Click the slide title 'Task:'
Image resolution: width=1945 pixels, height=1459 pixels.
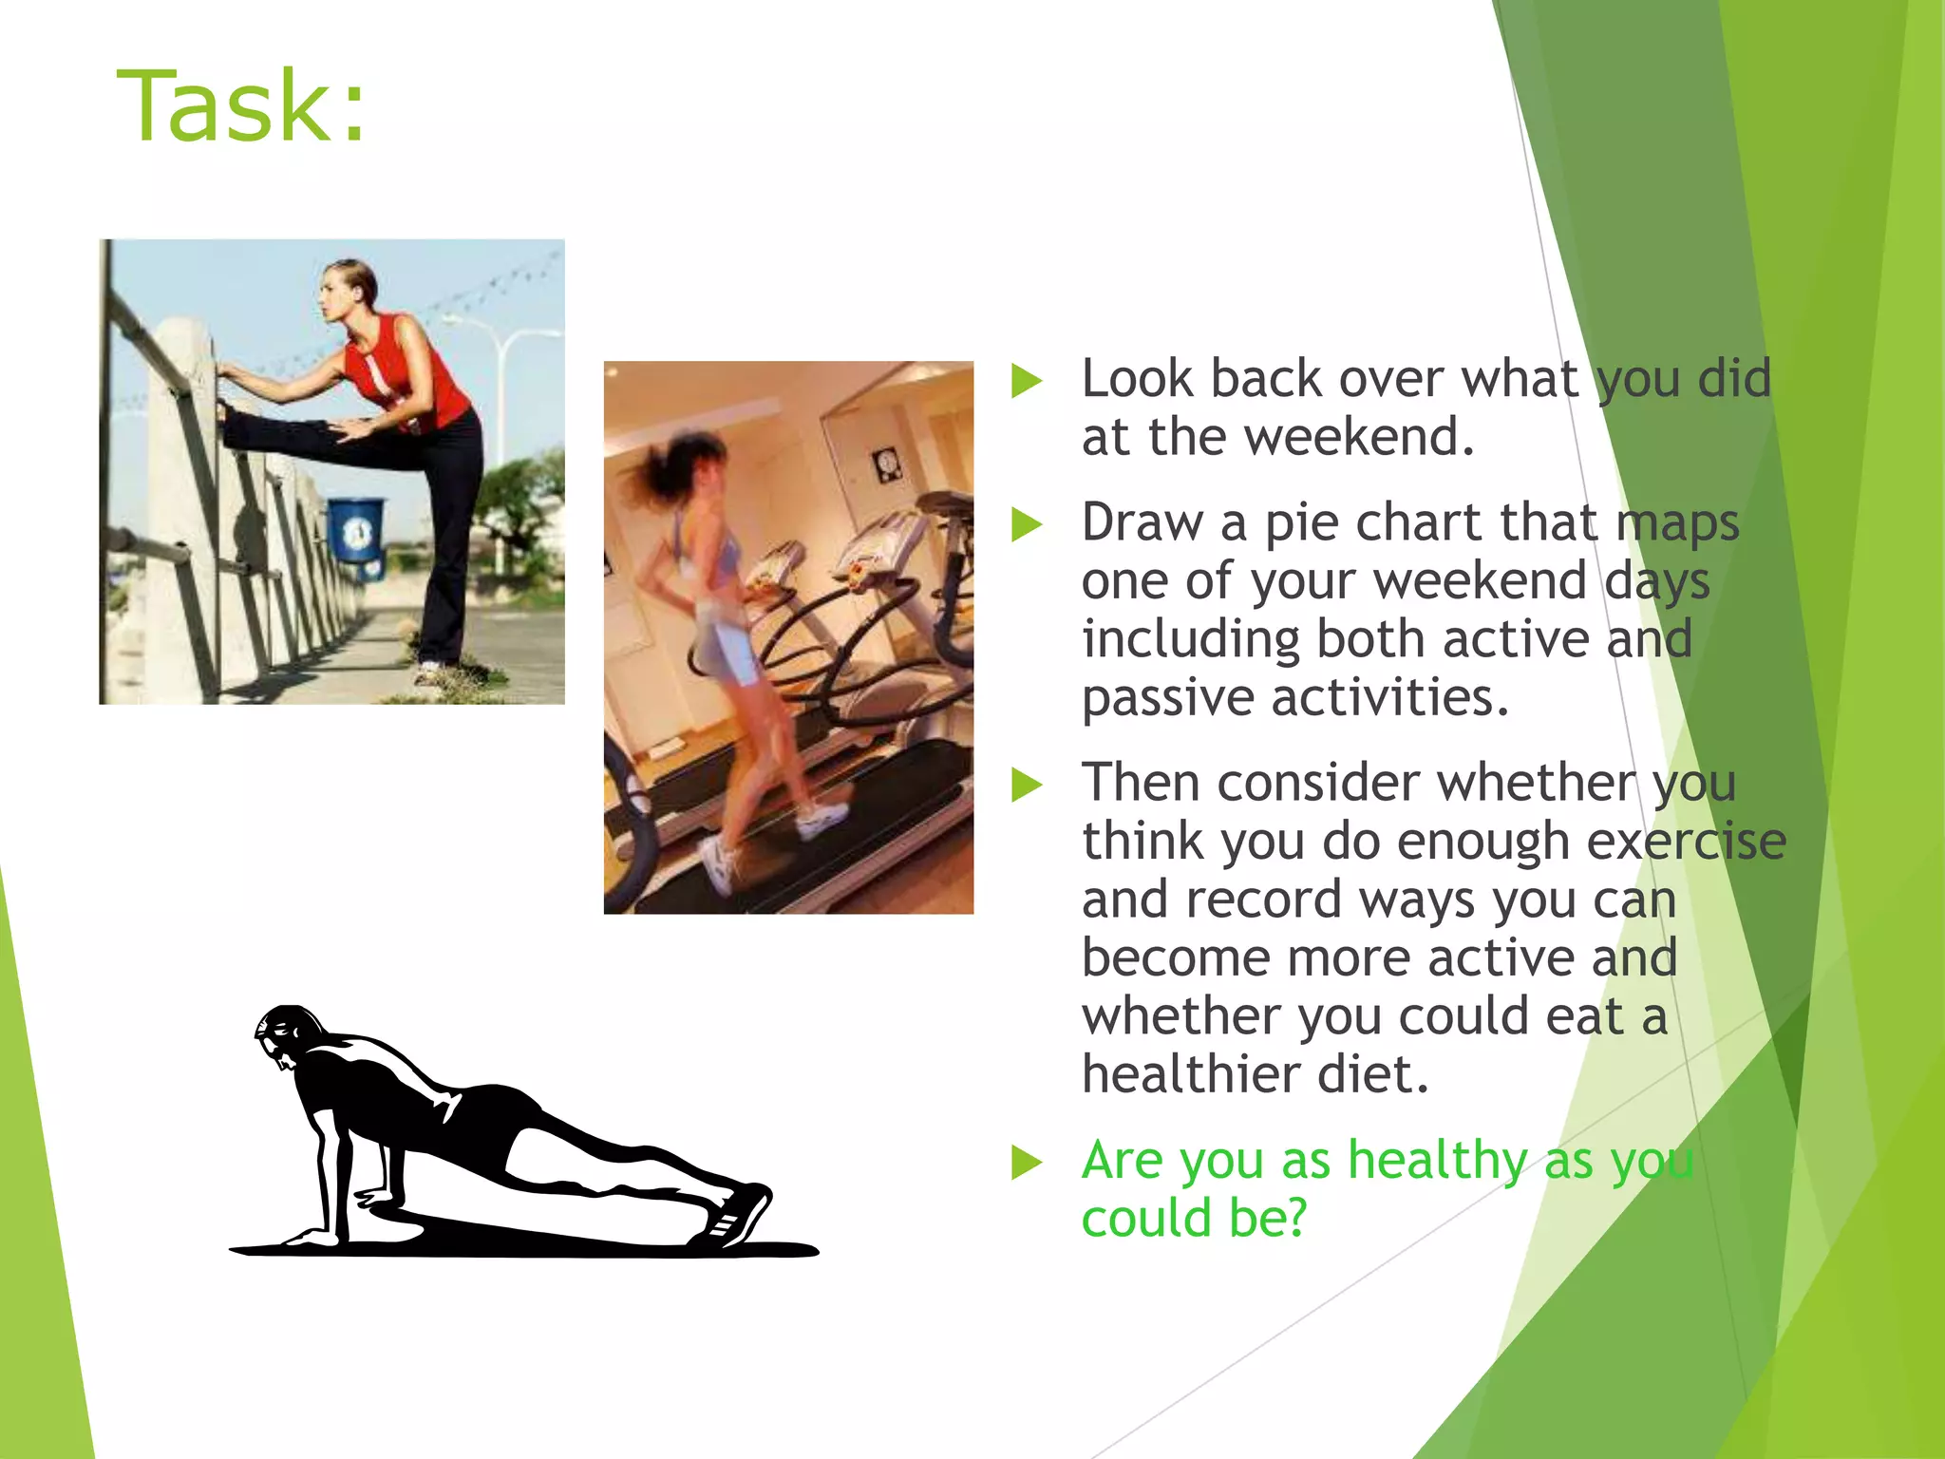241,106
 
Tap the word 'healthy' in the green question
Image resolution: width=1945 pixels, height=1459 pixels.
1438,1162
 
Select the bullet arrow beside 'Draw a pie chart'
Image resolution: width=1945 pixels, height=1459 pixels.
1027,524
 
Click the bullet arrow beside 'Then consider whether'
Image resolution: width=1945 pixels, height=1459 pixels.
1027,786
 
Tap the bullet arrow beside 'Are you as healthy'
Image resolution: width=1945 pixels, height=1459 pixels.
1027,1163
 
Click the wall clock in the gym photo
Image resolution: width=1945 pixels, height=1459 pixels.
886,464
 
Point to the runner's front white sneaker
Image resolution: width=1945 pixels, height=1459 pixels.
822,817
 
